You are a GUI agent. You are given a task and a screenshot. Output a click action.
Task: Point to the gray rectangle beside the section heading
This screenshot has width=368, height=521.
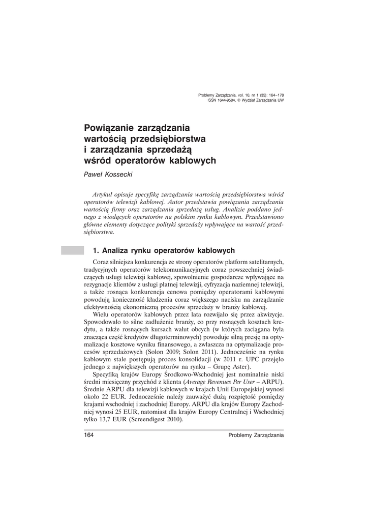pyautogui.click(x=72, y=250)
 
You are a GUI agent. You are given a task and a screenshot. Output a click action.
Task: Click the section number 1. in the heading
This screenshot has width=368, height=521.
pyautogui.click(x=95, y=250)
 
